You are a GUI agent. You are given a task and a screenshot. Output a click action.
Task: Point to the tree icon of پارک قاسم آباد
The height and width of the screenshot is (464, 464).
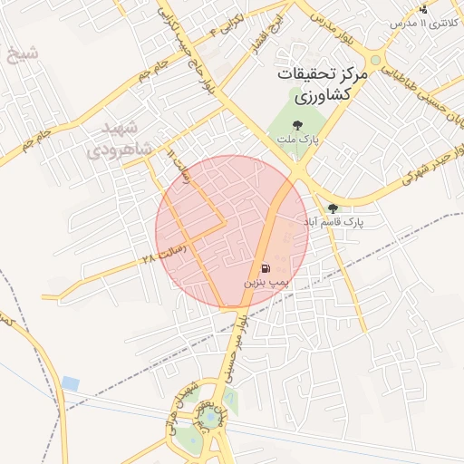[x=333, y=208]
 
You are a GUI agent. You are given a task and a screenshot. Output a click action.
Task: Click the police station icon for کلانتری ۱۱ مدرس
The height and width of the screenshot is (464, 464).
[x=422, y=9]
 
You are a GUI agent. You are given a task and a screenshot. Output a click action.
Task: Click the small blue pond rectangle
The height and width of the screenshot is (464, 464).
[x=71, y=383]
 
